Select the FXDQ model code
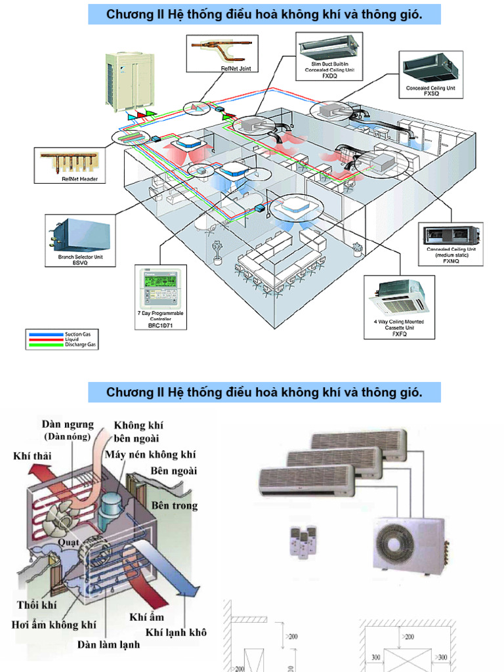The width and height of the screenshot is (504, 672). tap(329, 75)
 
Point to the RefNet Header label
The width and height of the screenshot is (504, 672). tap(79, 178)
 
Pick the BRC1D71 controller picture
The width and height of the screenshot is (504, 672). tap(159, 289)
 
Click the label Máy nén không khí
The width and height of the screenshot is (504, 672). tap(150, 455)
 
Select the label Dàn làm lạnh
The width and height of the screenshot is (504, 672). tap(108, 644)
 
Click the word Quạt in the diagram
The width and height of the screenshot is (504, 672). tap(68, 542)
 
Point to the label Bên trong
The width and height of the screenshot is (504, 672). tap(174, 505)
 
